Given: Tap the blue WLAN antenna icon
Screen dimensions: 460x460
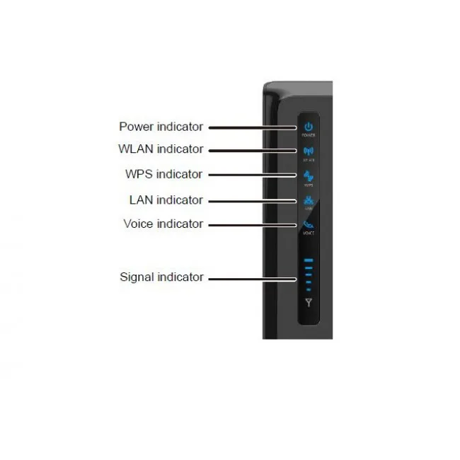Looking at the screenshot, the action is click(x=308, y=150).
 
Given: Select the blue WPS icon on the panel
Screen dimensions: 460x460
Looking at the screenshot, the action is click(x=308, y=175).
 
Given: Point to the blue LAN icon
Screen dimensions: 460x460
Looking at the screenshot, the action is click(x=308, y=200).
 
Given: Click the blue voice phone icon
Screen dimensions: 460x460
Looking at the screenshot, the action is click(x=308, y=224).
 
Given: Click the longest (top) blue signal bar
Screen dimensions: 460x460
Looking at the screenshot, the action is click(x=308, y=261).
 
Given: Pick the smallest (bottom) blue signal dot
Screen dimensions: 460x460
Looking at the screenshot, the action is click(x=308, y=289).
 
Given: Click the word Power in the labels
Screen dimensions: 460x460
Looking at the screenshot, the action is click(x=137, y=127).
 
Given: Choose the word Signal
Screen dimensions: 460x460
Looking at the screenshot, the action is click(x=136, y=277).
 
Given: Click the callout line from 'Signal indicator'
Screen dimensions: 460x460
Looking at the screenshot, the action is click(x=251, y=278).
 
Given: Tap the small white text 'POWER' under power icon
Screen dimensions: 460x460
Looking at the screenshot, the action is click(x=308, y=134).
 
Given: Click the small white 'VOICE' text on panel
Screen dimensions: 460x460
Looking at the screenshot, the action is click(x=308, y=233).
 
